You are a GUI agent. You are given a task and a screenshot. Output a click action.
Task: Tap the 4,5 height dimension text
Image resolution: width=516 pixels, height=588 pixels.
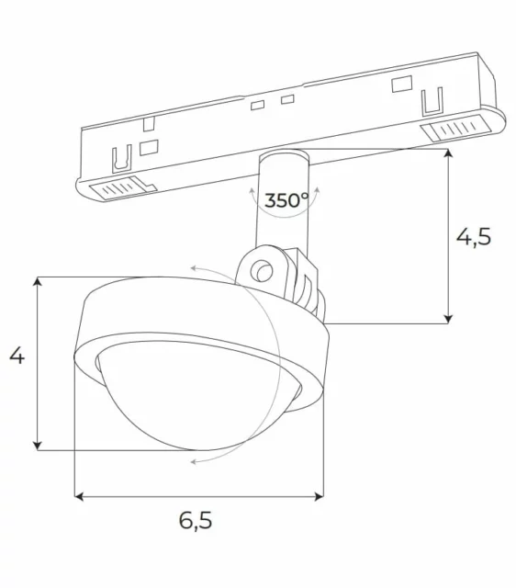tap(474, 236)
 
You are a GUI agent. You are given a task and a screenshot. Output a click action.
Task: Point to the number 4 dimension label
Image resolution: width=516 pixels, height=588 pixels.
tap(17, 356)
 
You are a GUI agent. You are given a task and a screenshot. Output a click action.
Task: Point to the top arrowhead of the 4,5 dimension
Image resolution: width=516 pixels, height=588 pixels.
tap(448, 155)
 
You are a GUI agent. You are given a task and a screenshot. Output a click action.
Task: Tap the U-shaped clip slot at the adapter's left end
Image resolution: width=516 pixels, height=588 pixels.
tap(118, 161)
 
